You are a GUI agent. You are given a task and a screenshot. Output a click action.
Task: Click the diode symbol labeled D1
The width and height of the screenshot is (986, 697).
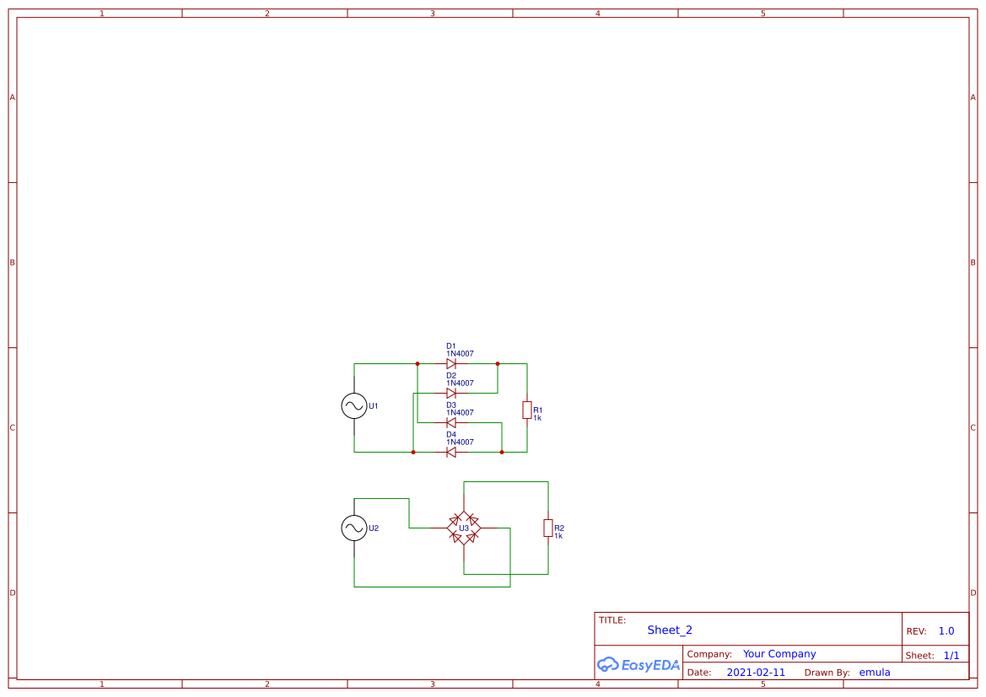pyautogui.click(x=451, y=364)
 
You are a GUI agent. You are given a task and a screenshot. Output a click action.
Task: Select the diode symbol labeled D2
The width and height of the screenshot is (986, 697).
pyautogui.click(x=451, y=394)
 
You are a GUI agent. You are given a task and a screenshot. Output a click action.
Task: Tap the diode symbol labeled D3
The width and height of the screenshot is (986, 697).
pyautogui.click(x=451, y=423)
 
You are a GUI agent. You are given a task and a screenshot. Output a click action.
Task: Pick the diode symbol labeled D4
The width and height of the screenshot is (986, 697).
pyautogui.click(x=451, y=453)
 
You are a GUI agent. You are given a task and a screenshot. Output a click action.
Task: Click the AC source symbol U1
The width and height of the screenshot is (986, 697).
pyautogui.click(x=354, y=406)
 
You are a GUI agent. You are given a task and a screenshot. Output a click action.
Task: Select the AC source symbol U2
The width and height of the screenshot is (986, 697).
pyautogui.click(x=354, y=528)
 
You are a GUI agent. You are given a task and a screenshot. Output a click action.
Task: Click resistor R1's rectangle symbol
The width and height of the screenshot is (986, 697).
pyautogui.click(x=527, y=410)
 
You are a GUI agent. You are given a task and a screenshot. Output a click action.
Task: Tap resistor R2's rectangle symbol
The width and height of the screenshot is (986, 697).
pyautogui.click(x=548, y=528)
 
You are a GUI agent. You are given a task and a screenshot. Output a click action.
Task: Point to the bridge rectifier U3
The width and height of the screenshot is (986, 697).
pyautogui.click(x=464, y=528)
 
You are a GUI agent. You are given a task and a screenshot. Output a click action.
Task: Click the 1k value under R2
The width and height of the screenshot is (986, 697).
pyautogui.click(x=558, y=536)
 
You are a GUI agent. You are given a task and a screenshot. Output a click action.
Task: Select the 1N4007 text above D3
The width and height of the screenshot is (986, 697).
pyautogui.click(x=460, y=413)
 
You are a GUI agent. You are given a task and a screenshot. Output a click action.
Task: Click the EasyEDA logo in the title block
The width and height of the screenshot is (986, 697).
pyautogui.click(x=638, y=664)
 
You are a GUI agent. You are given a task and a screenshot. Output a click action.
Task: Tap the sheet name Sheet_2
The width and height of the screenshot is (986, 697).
pyautogui.click(x=670, y=630)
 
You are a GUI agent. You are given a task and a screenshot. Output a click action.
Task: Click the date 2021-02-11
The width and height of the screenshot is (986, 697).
pyautogui.click(x=756, y=673)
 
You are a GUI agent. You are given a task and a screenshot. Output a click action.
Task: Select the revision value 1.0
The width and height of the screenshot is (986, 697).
pyautogui.click(x=946, y=631)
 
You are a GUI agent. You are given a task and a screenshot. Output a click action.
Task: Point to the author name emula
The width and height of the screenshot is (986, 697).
pyautogui.click(x=875, y=673)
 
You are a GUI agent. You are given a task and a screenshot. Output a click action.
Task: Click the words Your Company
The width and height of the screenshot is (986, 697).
pyautogui.click(x=779, y=654)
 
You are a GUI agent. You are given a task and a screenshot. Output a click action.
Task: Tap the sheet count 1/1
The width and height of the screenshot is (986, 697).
pyautogui.click(x=951, y=656)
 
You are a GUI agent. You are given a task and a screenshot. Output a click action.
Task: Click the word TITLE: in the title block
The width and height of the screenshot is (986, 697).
pyautogui.click(x=612, y=620)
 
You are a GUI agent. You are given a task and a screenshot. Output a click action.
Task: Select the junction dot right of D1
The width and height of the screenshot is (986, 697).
pyautogui.click(x=498, y=364)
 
